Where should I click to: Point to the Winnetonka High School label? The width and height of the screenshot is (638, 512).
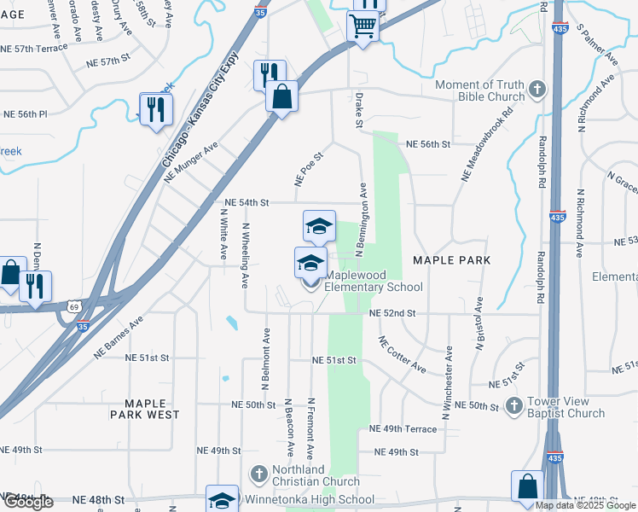coord(309,500)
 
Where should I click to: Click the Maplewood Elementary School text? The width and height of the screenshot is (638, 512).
coord(368,281)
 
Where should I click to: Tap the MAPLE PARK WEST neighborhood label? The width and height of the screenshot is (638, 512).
coord(144,408)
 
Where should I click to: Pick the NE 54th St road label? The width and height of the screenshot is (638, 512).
coord(246,203)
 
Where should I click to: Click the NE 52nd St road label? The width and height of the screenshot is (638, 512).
coord(392,313)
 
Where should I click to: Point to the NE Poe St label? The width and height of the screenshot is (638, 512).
coord(309,169)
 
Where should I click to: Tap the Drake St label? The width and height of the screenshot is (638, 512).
coord(359,111)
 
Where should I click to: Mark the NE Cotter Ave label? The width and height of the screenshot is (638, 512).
coord(402,353)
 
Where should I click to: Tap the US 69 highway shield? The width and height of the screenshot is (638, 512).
coord(73,305)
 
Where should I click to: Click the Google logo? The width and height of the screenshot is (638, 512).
coord(27,502)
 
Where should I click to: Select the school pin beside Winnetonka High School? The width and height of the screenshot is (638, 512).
coord(222,499)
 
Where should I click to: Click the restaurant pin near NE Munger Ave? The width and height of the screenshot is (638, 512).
coord(156,108)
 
